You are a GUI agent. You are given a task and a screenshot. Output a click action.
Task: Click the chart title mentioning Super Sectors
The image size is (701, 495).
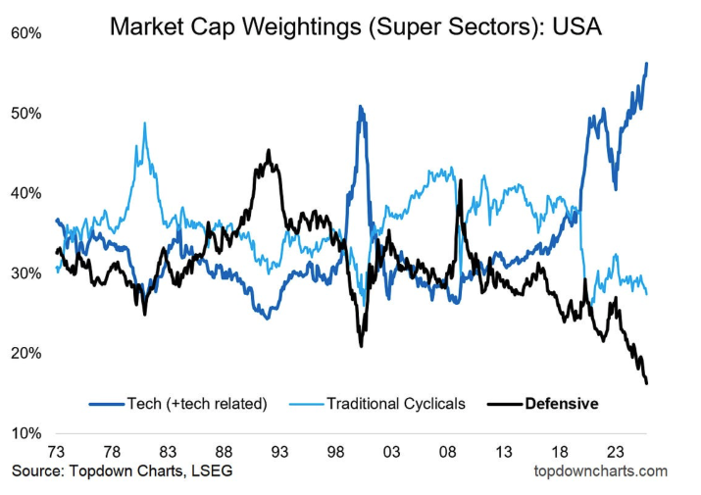click(355, 25)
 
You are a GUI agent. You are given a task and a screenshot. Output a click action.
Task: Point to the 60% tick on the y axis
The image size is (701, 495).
click(26, 33)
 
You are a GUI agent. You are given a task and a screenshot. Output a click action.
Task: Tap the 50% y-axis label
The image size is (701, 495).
click(26, 114)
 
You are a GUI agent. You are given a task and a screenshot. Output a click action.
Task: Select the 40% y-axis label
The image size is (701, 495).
click(26, 193)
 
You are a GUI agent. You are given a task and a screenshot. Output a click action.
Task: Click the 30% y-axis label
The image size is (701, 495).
click(26, 273)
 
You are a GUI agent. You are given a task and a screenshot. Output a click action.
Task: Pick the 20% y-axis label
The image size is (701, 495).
click(26, 354)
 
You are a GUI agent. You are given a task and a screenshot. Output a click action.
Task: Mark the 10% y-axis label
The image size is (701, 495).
click(26, 433)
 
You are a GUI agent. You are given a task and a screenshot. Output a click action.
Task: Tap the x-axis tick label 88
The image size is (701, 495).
click(224, 452)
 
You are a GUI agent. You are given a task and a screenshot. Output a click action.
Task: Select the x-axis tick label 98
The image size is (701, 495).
click(336, 452)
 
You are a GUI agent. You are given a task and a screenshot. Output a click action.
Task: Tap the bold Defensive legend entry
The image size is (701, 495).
click(562, 403)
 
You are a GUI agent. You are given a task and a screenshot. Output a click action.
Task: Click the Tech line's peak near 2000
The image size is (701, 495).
click(361, 107)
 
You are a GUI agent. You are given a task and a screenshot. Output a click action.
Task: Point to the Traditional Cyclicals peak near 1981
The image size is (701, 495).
click(145, 124)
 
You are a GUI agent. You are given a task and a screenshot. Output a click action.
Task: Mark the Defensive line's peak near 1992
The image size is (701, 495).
click(269, 151)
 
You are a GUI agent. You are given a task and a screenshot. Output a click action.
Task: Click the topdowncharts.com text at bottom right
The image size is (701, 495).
click(599, 471)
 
